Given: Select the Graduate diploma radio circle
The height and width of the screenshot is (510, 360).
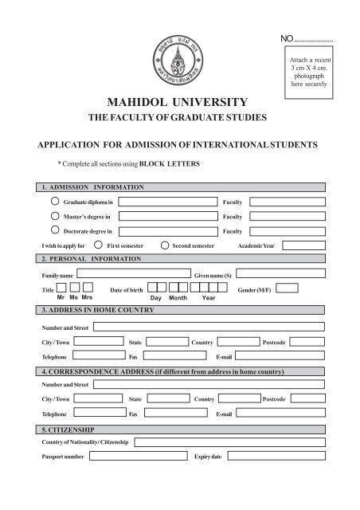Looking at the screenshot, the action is [55, 202].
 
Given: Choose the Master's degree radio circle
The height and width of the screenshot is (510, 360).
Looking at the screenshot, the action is [55, 216].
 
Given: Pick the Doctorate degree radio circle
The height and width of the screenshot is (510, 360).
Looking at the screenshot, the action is [55, 230].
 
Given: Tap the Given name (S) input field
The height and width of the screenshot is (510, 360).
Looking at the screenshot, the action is [278, 274].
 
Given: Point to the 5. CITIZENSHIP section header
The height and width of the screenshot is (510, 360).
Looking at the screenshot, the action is [68, 429].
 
